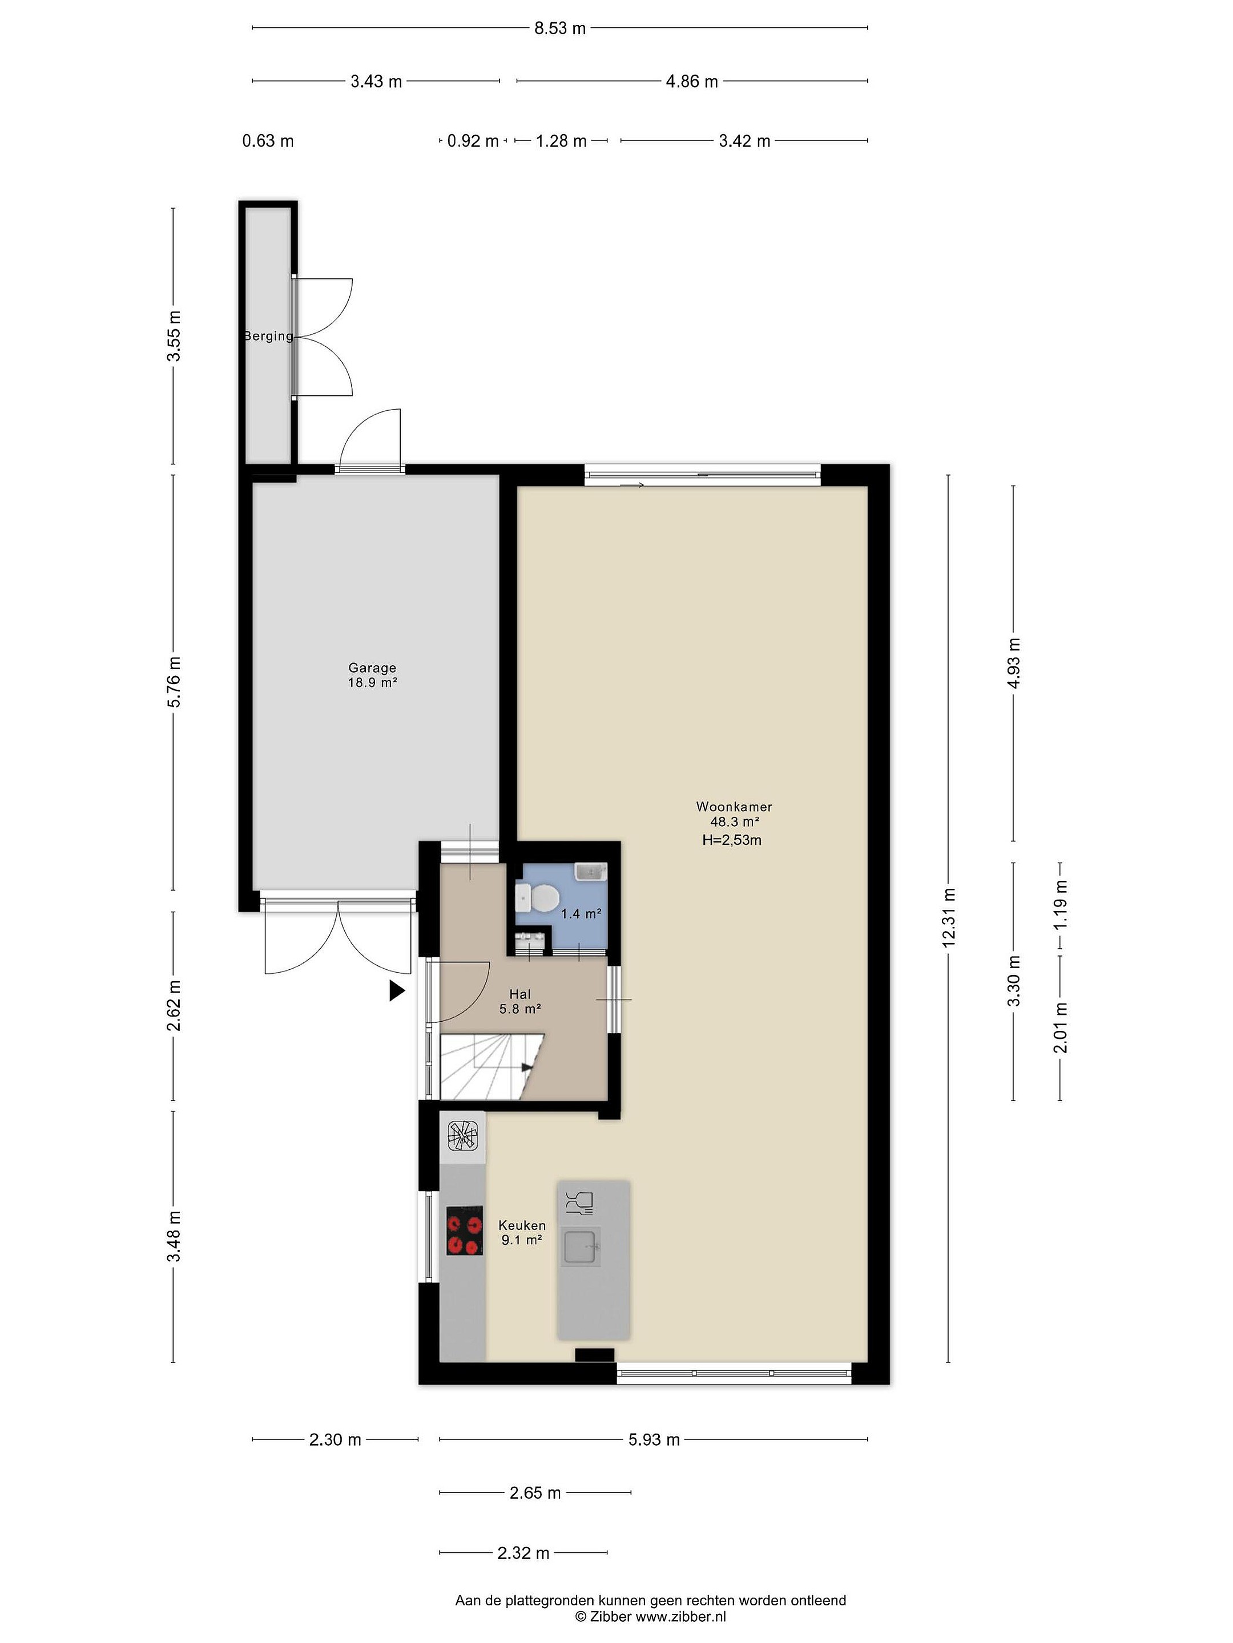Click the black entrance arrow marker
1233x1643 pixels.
[397, 990]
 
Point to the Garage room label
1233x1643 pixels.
[372, 667]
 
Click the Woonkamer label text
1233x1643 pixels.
[734, 806]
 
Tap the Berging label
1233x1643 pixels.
[269, 335]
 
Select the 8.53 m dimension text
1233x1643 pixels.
[561, 28]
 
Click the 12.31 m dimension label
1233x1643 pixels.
[948, 917]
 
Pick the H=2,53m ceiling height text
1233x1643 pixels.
[732, 840]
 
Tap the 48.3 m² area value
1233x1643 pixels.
[734, 821]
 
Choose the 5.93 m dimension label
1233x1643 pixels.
[654, 1439]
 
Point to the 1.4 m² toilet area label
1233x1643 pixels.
[581, 913]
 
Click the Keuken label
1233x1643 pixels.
[522, 1225]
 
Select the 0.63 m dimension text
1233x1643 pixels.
[268, 140]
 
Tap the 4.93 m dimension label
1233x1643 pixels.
[1014, 663]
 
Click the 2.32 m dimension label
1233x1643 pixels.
[523, 1552]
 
